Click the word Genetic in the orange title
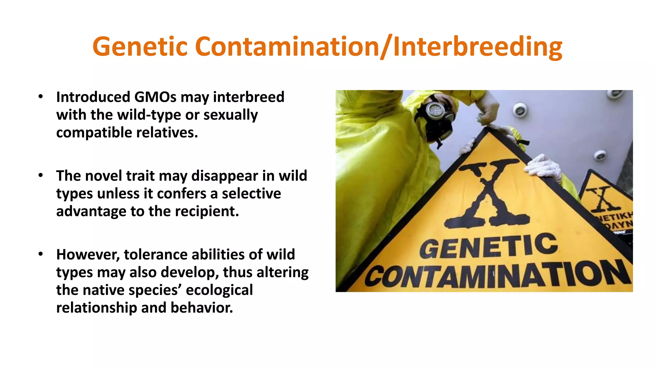coord(140,47)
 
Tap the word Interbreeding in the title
coord(477,47)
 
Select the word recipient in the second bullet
coord(207,211)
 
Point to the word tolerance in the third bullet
coord(155,255)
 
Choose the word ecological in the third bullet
coord(219,290)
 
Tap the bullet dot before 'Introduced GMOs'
coord(40,96)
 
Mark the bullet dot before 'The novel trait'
coord(40,175)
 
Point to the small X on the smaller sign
coord(601,199)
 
